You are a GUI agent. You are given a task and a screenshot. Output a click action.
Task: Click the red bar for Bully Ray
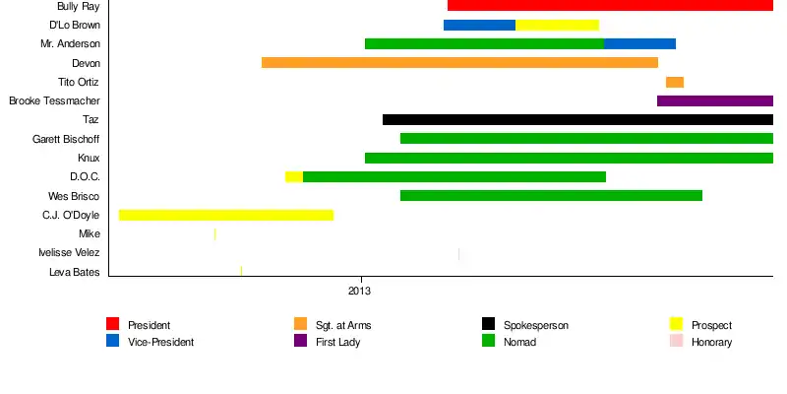(x=610, y=6)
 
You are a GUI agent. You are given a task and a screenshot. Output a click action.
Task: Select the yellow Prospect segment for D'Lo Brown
(x=557, y=25)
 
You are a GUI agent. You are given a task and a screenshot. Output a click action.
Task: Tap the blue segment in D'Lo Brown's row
(x=479, y=25)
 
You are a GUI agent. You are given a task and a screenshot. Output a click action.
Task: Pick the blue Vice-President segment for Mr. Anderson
(x=639, y=43)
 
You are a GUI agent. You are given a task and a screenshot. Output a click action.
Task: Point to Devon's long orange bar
(x=459, y=63)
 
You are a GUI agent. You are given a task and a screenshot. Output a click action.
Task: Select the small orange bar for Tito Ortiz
(x=675, y=82)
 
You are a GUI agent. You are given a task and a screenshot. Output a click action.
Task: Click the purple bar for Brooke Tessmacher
(x=715, y=100)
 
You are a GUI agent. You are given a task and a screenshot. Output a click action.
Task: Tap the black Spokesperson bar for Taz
(x=577, y=119)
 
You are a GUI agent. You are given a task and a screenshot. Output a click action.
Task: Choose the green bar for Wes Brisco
(x=551, y=195)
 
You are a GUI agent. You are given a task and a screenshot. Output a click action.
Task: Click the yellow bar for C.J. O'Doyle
(x=226, y=215)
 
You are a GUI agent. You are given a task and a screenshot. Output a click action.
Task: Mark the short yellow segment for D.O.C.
(x=294, y=176)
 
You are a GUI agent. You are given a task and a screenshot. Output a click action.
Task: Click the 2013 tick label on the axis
(x=360, y=291)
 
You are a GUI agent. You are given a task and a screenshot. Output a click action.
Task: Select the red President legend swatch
(x=113, y=324)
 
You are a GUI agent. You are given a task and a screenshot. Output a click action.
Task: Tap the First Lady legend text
(x=337, y=342)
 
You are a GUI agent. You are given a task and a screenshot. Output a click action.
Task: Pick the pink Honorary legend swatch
(x=676, y=342)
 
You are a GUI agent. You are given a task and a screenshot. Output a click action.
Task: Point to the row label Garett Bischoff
(x=66, y=139)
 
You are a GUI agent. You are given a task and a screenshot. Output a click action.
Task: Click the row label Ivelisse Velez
(x=69, y=253)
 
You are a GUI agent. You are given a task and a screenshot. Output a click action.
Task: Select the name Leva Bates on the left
(x=74, y=272)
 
